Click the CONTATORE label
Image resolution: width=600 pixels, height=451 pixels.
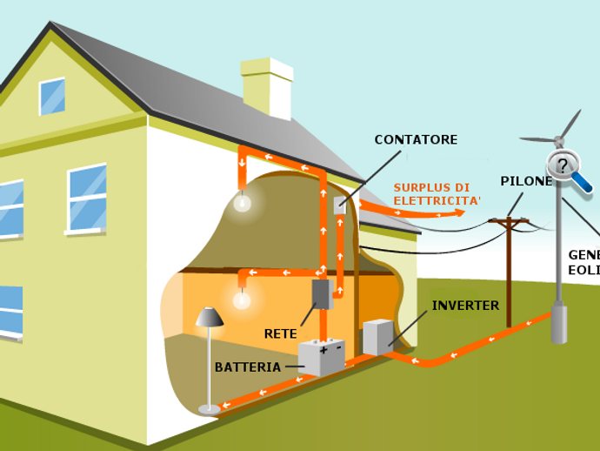(x=416, y=139)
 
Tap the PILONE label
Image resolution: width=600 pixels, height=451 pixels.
(x=526, y=181)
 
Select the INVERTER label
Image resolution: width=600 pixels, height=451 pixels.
(x=465, y=306)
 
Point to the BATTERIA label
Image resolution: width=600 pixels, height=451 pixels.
(x=248, y=367)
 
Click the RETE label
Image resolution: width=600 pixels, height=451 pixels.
(x=281, y=333)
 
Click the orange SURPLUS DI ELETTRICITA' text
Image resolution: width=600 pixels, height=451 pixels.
(x=431, y=194)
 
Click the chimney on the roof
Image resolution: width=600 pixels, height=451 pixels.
(x=267, y=88)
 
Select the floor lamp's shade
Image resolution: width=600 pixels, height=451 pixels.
(x=210, y=317)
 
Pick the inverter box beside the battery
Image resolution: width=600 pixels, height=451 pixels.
(x=377, y=337)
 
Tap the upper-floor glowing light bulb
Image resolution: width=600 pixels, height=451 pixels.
(x=243, y=203)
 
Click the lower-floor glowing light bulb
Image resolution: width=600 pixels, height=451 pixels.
(x=242, y=300)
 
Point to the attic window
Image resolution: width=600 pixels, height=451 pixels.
(x=52, y=96)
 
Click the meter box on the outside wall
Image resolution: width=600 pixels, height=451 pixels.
(x=340, y=205)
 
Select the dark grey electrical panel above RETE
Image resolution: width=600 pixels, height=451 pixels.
(x=322, y=294)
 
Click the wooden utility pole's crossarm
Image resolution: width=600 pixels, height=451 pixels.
(x=509, y=221)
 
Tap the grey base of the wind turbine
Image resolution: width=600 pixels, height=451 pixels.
(x=558, y=323)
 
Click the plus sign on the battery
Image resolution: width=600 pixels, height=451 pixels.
(x=323, y=350)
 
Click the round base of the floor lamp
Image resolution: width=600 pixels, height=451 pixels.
(x=210, y=408)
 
